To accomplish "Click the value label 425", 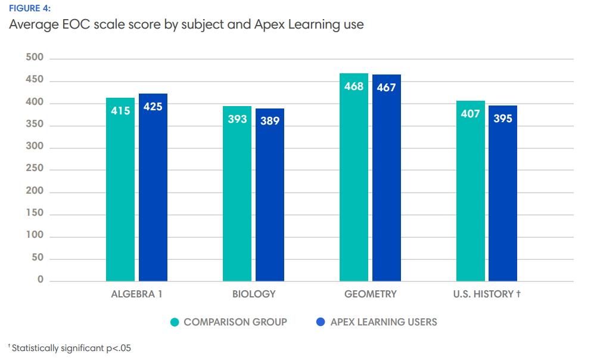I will (x=153, y=107).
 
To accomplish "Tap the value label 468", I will (x=354, y=86).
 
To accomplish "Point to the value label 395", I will (x=503, y=118).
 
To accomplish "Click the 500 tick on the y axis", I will (x=35, y=58).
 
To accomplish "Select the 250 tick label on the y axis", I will (x=35, y=169).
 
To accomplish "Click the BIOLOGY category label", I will (x=254, y=294).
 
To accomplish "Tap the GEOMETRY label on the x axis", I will (x=370, y=294).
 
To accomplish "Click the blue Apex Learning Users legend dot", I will (x=321, y=322).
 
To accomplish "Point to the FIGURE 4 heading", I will (x=29, y=8).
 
